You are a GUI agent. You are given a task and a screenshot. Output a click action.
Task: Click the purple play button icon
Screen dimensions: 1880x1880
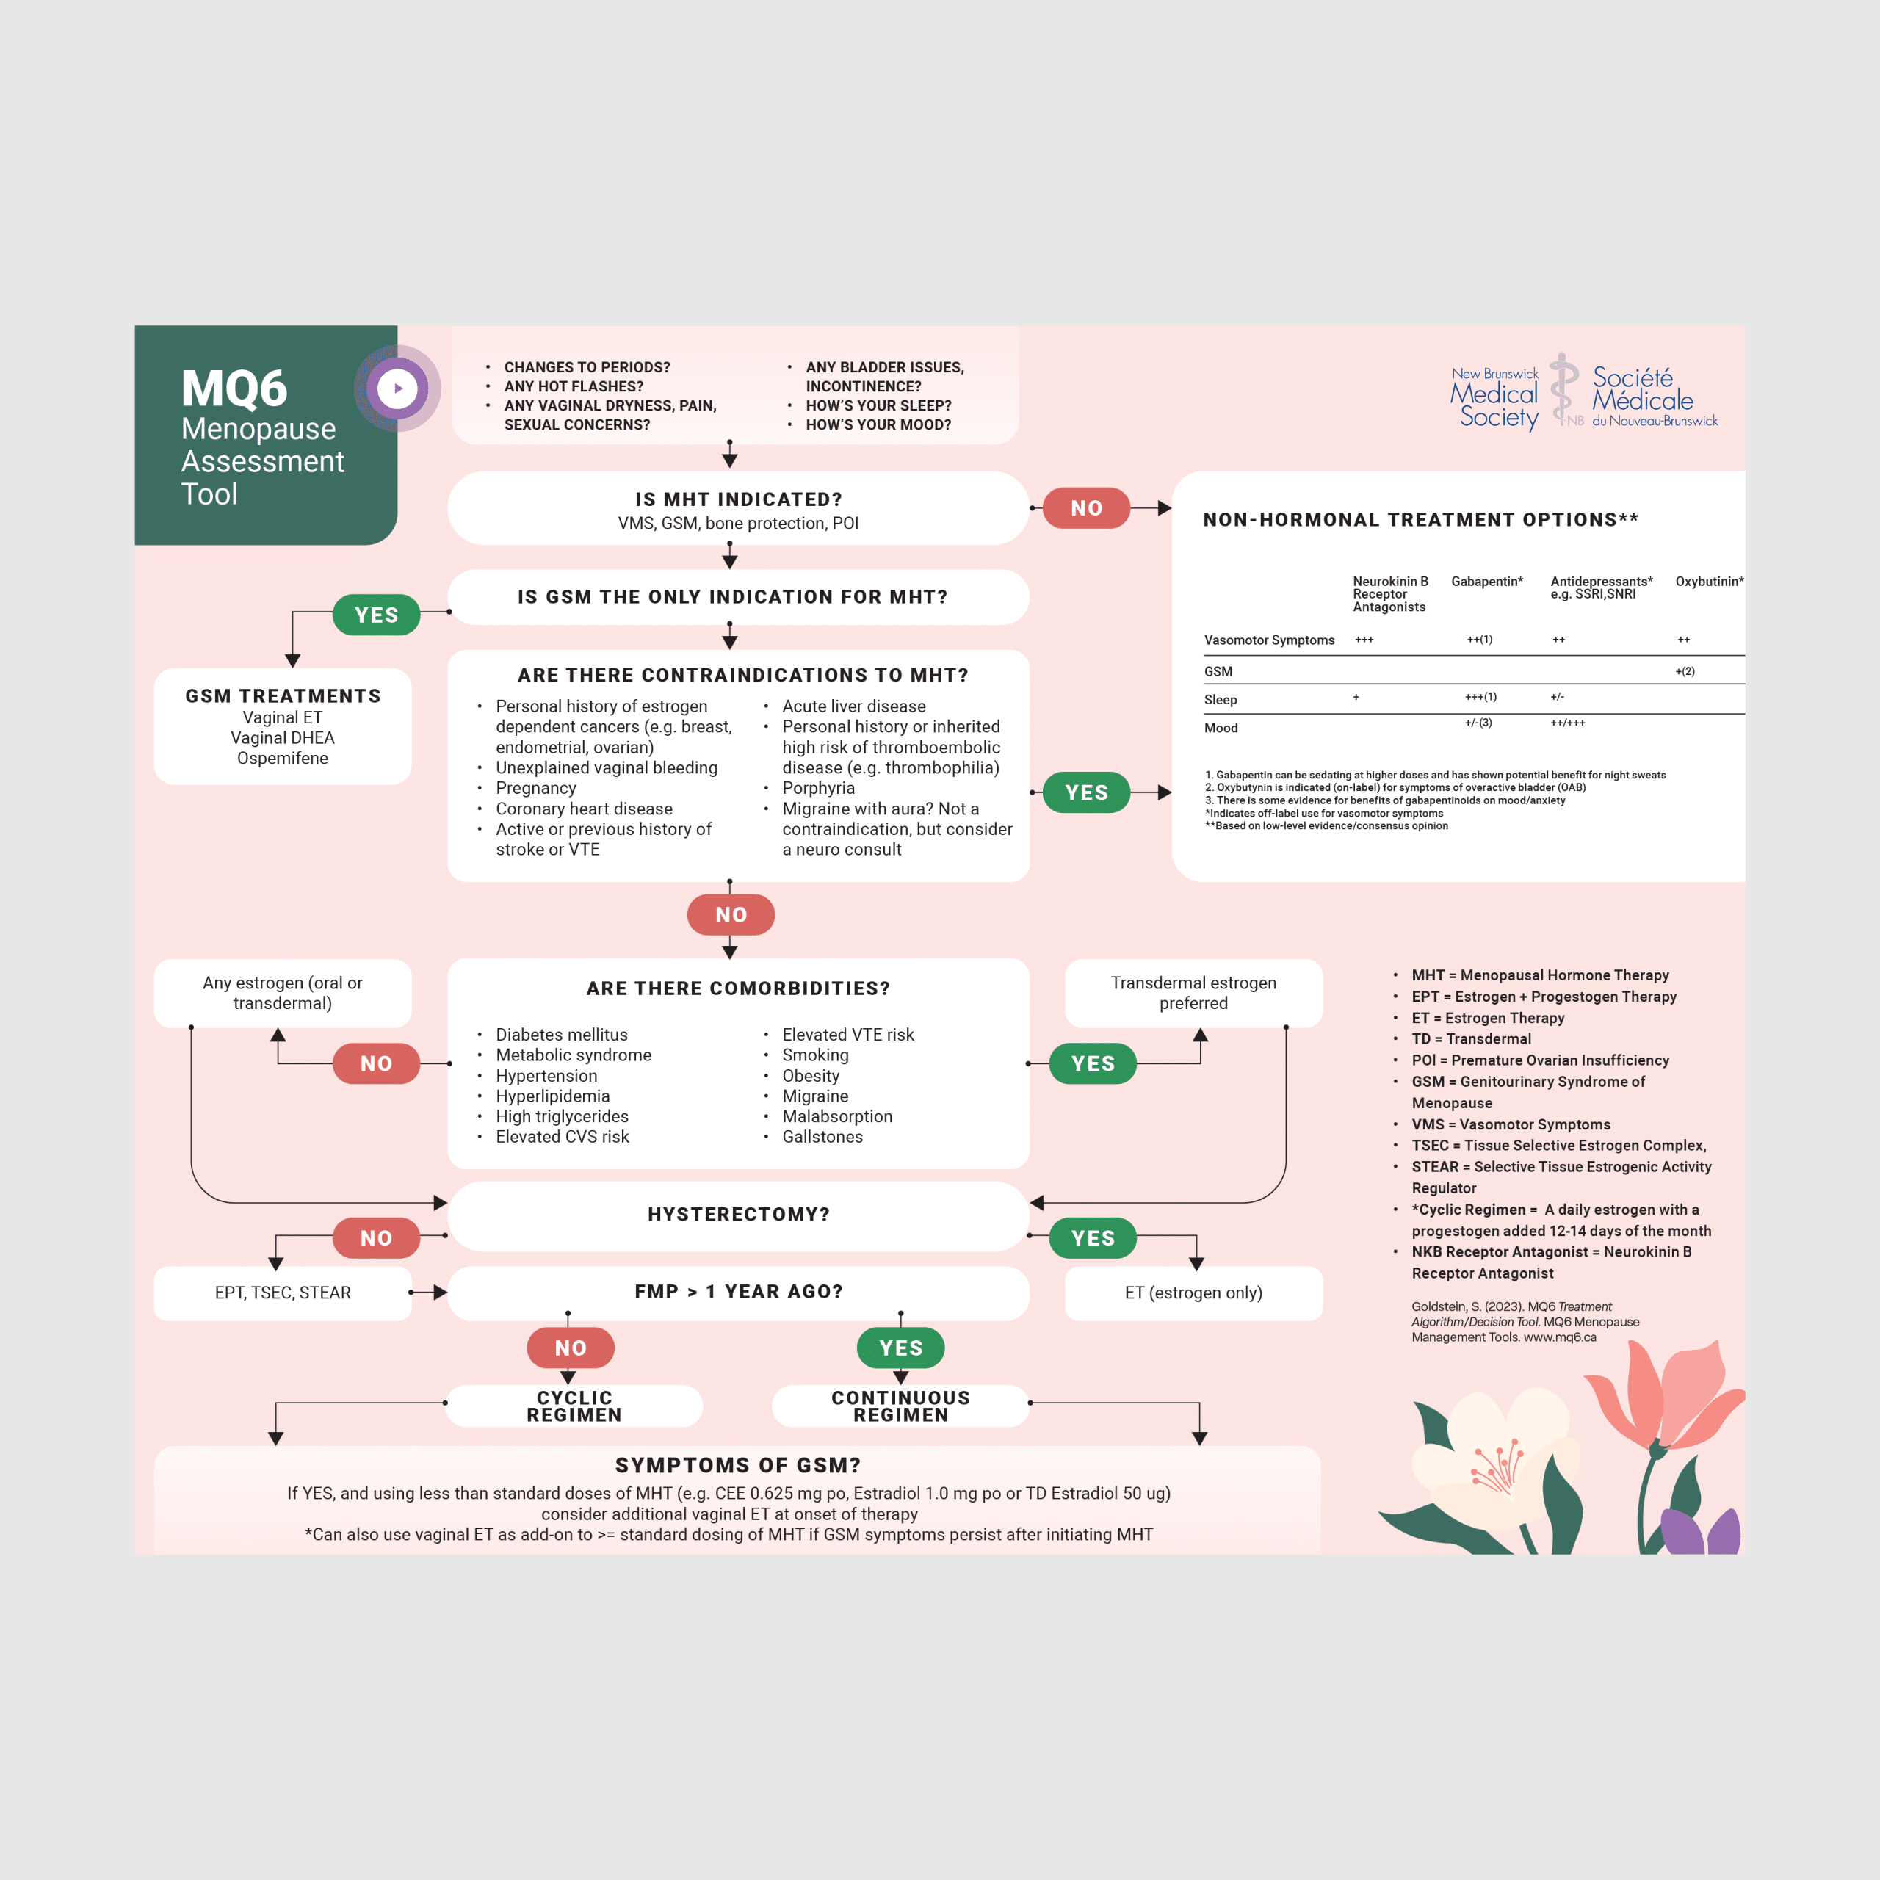tap(397, 388)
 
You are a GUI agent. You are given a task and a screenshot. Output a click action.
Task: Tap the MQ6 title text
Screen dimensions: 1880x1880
tap(234, 388)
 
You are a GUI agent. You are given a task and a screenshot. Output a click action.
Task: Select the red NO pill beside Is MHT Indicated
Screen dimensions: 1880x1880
tap(1086, 508)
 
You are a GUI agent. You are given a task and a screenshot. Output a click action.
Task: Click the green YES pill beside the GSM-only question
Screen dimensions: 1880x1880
tap(377, 615)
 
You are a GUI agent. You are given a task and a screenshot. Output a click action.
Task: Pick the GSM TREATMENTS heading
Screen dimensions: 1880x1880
tap(283, 695)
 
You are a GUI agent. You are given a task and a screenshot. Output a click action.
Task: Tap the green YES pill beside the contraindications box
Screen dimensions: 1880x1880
tap(1086, 792)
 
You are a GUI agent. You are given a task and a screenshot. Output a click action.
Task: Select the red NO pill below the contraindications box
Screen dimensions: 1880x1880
tap(731, 915)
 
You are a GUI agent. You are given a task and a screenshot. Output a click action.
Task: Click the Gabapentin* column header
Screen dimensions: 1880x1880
tap(1487, 581)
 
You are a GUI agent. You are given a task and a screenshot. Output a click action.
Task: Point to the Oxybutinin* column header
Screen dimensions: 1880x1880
tap(1710, 581)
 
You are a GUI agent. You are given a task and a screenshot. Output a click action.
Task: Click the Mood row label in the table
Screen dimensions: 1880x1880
tap(1221, 728)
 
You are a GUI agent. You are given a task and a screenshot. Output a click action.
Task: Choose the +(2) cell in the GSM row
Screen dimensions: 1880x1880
tap(1685, 671)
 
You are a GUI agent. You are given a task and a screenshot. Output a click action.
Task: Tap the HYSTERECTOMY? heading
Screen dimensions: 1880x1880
tap(739, 1215)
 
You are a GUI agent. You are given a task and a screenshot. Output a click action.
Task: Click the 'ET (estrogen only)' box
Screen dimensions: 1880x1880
tap(1194, 1292)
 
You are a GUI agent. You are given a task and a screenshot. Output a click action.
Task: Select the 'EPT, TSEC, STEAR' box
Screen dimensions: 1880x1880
tap(283, 1292)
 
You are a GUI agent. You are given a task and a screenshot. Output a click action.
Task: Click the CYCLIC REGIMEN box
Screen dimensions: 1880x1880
tap(574, 1406)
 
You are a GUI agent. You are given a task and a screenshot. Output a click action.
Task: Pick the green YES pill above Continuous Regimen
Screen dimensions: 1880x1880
tap(900, 1348)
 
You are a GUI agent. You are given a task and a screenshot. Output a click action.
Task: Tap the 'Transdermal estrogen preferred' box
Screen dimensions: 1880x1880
tap(1194, 994)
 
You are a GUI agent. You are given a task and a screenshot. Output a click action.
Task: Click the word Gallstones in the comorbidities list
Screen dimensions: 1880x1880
tap(822, 1137)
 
